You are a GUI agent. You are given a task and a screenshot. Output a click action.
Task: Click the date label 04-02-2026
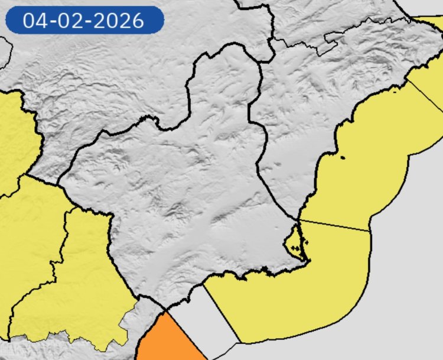pos(83,20)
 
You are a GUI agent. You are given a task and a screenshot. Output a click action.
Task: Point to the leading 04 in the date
pos(34,20)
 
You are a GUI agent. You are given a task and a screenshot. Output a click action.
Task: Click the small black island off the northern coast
pos(343,157)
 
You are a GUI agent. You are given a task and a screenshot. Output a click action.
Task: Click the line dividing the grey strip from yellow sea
pos(221,313)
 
